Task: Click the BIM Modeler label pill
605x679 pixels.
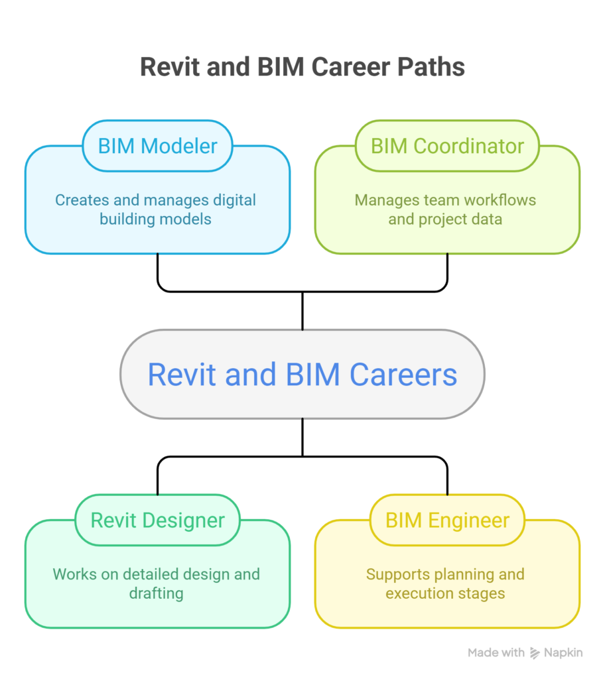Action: pyautogui.click(x=157, y=146)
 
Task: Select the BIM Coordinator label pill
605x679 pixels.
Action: pyautogui.click(x=447, y=146)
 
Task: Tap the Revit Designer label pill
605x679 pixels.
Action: pyautogui.click(x=157, y=520)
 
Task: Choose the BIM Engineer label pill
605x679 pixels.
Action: pyautogui.click(x=447, y=520)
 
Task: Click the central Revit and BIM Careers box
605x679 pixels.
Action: pyautogui.click(x=302, y=374)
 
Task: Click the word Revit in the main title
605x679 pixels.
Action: pyautogui.click(x=167, y=68)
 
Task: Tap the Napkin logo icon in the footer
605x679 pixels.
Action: pyautogui.click(x=535, y=653)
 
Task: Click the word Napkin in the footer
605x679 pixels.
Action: pyautogui.click(x=564, y=653)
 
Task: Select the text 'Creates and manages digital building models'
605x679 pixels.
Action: pyautogui.click(x=156, y=209)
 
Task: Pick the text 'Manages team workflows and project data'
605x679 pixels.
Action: pyautogui.click(x=445, y=209)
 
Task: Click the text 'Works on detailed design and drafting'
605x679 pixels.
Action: pyautogui.click(x=156, y=583)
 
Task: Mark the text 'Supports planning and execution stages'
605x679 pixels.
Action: pyautogui.click(x=445, y=583)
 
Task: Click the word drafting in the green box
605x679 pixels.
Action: pyautogui.click(x=156, y=593)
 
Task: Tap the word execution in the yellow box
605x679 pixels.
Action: pyautogui.click(x=419, y=593)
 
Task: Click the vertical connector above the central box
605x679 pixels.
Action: pyautogui.click(x=302, y=310)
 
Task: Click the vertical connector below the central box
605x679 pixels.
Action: pyautogui.click(x=302, y=437)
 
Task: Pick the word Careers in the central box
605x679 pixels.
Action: pyautogui.click(x=403, y=374)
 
